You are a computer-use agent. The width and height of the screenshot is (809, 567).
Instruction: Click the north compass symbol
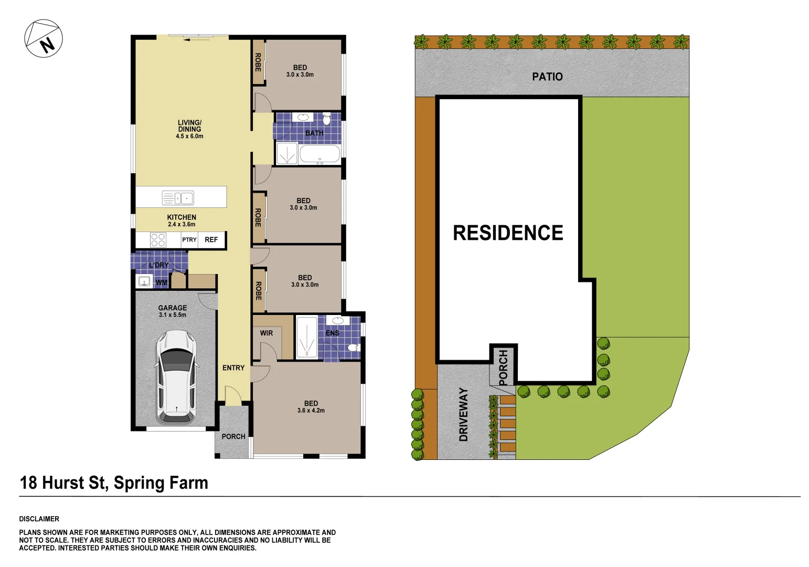tap(44, 38)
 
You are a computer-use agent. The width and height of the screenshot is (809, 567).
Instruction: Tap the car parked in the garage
tap(176, 376)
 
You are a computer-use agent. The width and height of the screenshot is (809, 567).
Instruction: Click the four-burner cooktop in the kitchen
tap(158, 240)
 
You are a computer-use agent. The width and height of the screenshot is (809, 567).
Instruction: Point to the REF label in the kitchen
tap(211, 240)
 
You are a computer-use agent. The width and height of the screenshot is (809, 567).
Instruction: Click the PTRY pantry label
tap(189, 240)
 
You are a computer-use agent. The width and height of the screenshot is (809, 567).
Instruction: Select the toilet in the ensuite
tap(354, 347)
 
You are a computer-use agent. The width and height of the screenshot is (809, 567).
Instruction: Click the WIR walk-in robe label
tap(266, 333)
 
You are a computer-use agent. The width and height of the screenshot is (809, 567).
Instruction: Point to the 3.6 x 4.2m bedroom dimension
tap(311, 411)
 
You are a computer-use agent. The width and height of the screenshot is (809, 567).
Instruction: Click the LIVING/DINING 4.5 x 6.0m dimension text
tap(189, 136)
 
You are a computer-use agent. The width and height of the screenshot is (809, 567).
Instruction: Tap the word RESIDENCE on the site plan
tap(507, 233)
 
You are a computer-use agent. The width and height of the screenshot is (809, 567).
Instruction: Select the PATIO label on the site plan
tap(547, 77)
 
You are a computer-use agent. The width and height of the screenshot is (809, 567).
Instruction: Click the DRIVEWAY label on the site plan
tap(463, 414)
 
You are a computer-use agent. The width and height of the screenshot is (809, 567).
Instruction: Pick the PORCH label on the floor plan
tap(233, 436)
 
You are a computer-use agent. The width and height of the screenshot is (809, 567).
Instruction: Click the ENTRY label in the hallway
tap(233, 368)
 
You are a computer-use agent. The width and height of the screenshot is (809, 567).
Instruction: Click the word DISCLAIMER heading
tap(39, 519)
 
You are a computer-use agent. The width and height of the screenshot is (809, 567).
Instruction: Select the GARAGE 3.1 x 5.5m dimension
tap(172, 315)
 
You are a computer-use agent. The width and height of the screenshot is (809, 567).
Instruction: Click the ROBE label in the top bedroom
tap(258, 62)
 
